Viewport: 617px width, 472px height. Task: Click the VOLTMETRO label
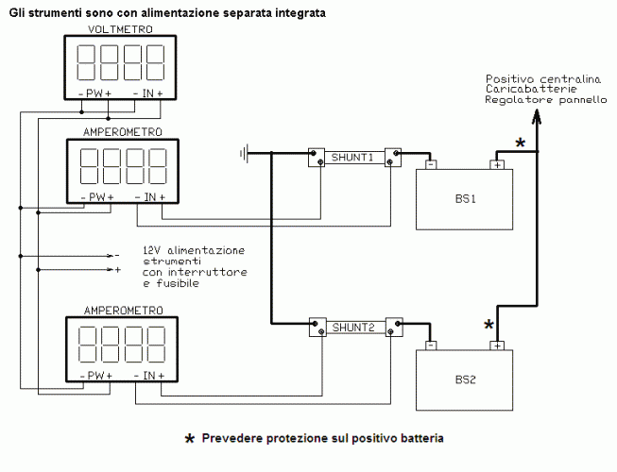click(x=119, y=30)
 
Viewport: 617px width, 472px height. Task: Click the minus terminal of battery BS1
click(x=430, y=164)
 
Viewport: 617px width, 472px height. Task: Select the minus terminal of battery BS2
click(x=430, y=346)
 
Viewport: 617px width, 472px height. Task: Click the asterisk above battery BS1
click(x=519, y=143)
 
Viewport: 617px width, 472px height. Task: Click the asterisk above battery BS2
click(x=488, y=326)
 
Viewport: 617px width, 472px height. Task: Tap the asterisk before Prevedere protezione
click(x=189, y=441)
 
